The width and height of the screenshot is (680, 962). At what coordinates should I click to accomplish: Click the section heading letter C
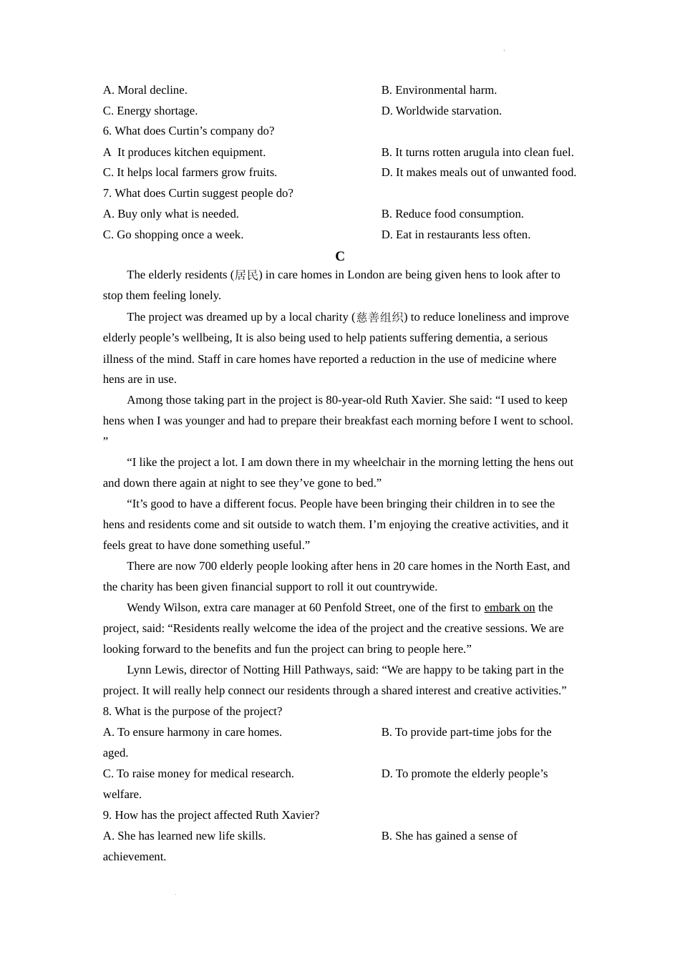(340, 256)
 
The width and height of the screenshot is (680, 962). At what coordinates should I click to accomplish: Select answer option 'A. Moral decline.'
(145, 90)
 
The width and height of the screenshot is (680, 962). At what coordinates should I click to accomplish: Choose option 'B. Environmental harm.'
(439, 90)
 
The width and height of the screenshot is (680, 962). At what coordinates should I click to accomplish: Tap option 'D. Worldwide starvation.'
(441, 111)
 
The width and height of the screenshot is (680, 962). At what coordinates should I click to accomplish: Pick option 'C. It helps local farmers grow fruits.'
(190, 173)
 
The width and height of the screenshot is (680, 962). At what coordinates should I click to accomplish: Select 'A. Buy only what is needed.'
(170, 214)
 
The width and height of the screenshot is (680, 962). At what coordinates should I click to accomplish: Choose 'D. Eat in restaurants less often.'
(455, 235)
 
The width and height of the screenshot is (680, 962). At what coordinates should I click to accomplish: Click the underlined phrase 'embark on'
(509, 608)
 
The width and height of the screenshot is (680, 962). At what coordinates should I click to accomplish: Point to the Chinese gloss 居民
(246, 276)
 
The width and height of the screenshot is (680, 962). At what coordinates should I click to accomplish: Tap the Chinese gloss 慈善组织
(379, 318)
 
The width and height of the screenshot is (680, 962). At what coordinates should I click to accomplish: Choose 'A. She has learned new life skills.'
(184, 836)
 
